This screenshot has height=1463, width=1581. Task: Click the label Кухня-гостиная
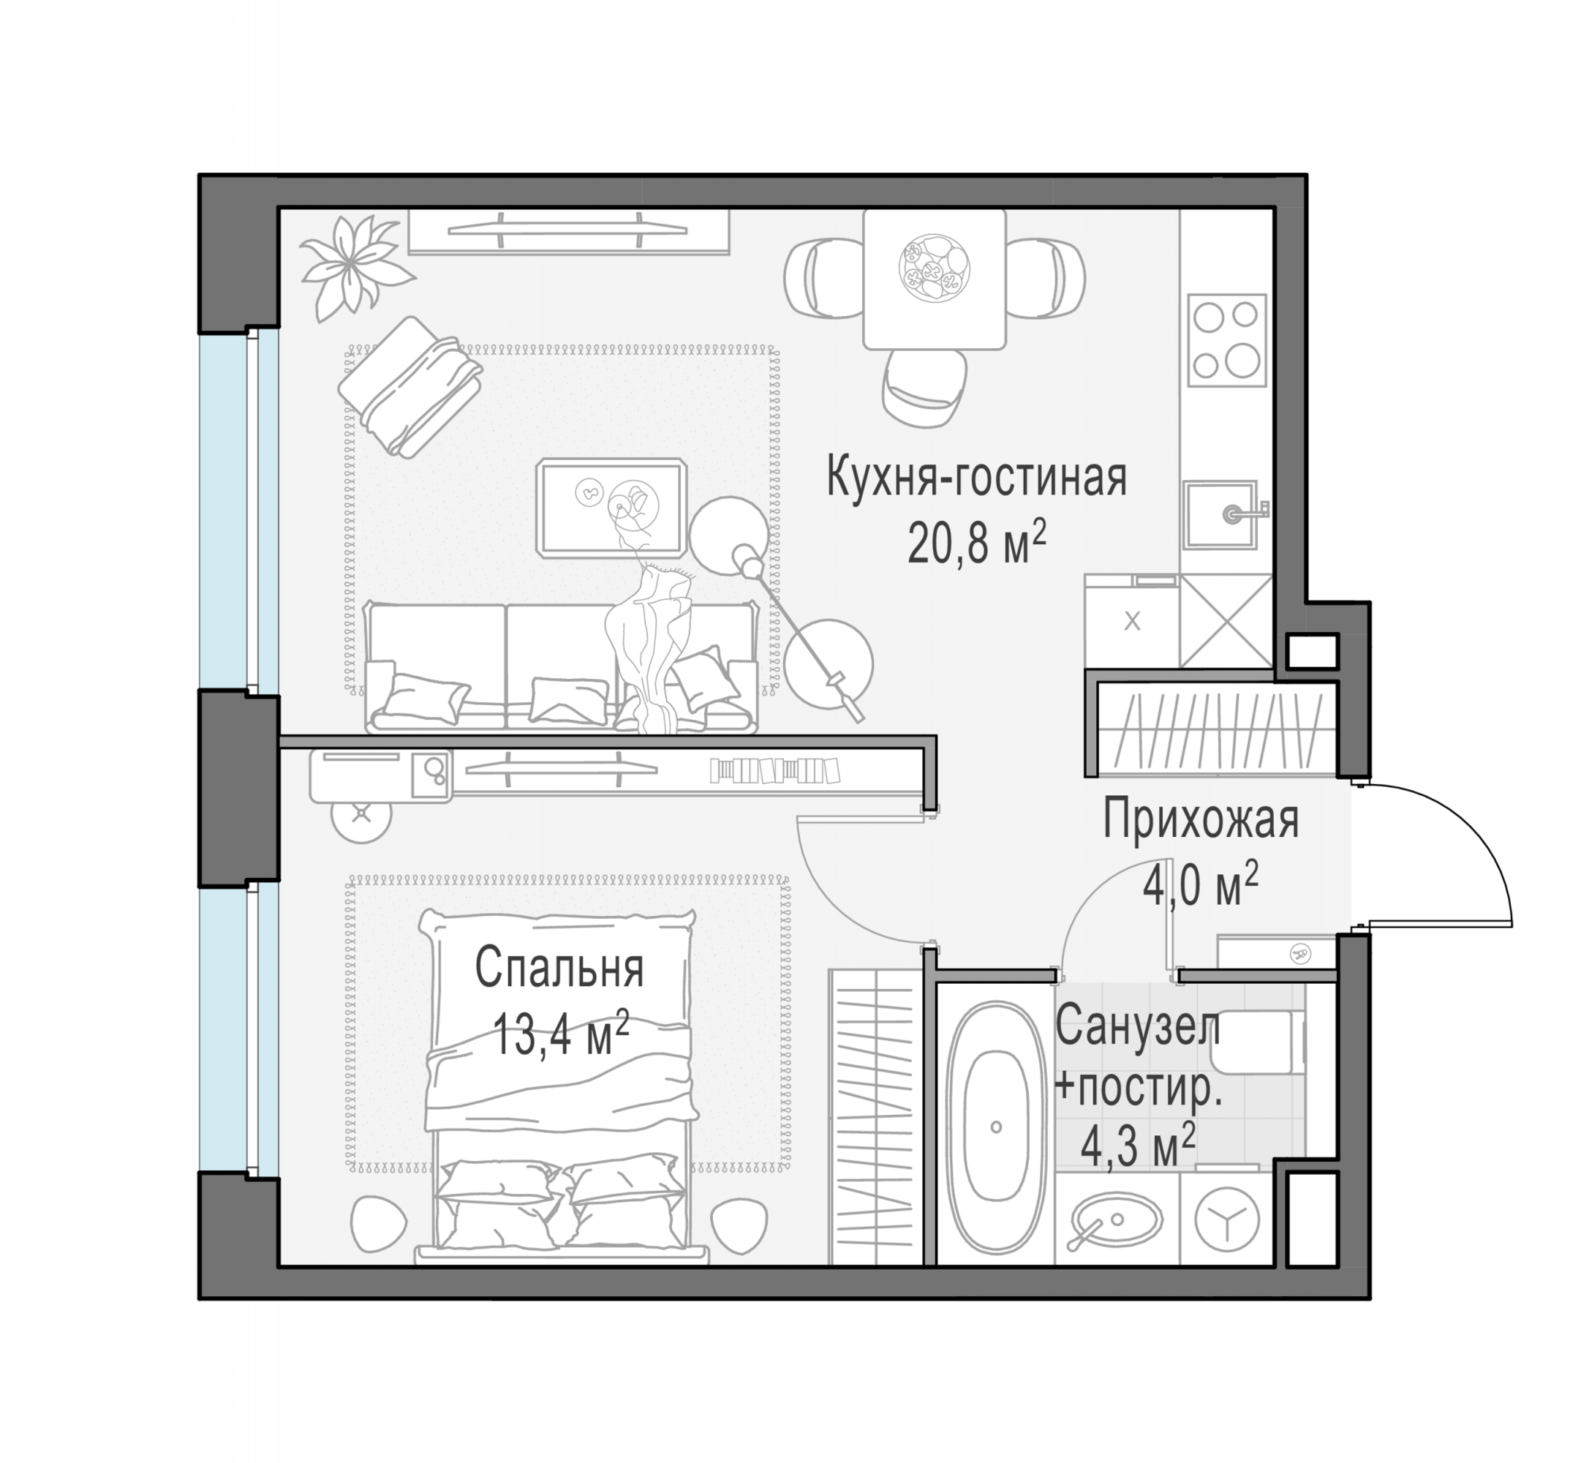976,478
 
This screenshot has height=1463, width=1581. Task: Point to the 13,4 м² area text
560,1032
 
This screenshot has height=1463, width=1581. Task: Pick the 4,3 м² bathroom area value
1137,1146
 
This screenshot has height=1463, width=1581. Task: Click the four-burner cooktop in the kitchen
1226,340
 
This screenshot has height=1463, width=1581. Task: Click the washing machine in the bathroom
1226,1220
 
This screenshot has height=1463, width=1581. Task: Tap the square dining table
934,279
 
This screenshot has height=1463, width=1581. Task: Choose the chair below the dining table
924,387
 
